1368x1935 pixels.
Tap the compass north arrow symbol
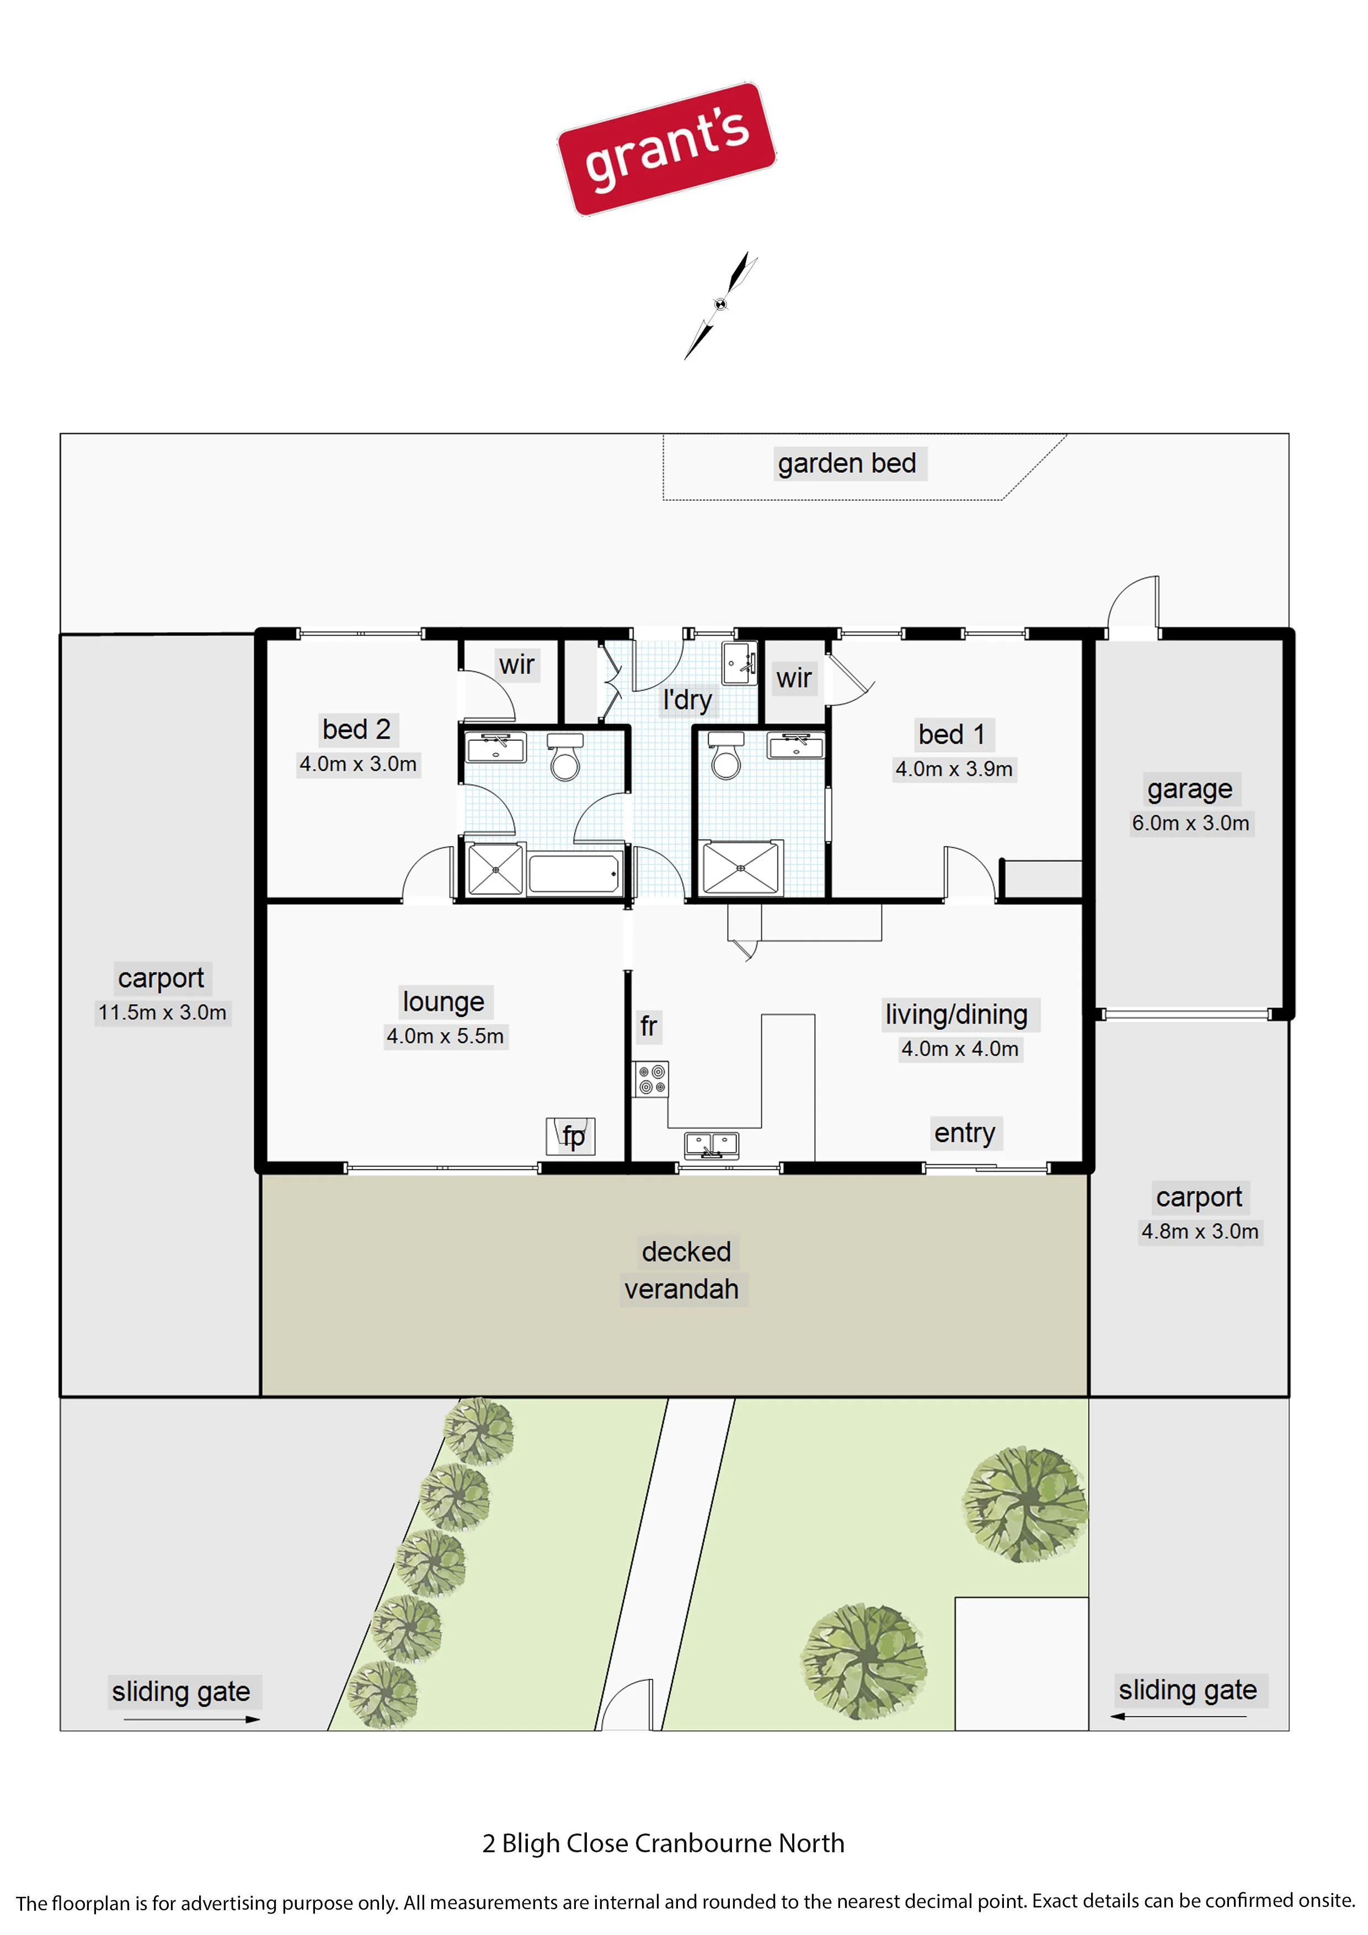pos(720,305)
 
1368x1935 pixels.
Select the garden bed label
pos(847,463)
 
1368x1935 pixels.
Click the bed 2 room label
pos(356,729)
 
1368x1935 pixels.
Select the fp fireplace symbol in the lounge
pos(571,1136)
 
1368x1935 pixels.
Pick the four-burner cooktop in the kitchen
pos(651,1079)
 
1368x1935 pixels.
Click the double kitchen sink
pos(712,1145)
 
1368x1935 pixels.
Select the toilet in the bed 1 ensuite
pos(726,755)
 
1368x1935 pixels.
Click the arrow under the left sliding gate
pos(192,1719)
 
